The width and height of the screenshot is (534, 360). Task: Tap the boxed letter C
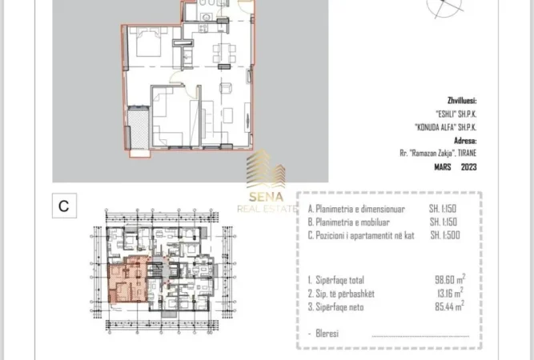point(64,206)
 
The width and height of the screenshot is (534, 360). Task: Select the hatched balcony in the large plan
point(139,128)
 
